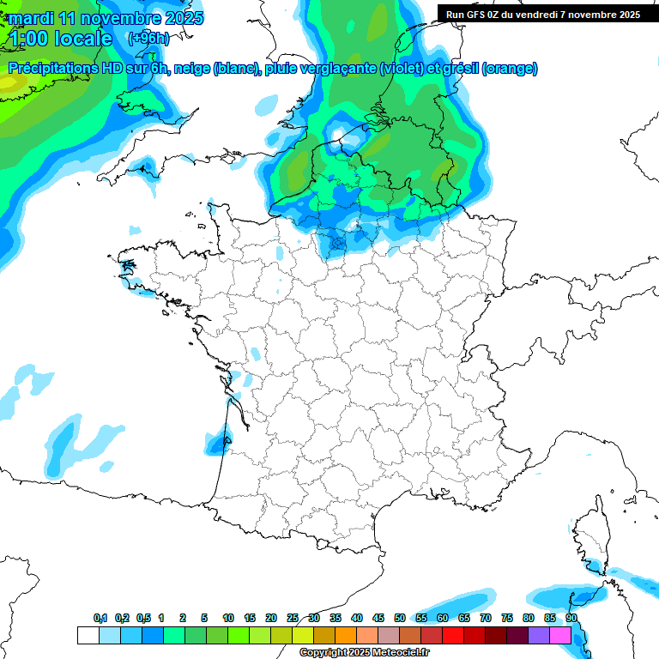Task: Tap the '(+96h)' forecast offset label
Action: (148, 39)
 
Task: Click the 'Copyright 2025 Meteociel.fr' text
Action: (364, 653)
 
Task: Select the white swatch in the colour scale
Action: (88, 635)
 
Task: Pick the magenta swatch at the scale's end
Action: (560, 635)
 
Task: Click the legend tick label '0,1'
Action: (100, 619)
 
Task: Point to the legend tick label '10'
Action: (227, 619)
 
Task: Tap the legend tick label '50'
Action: (400, 619)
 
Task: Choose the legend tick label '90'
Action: (571, 619)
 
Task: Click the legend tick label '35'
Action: (335, 619)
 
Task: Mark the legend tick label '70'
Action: (486, 619)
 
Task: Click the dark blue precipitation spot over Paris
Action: (337, 243)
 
